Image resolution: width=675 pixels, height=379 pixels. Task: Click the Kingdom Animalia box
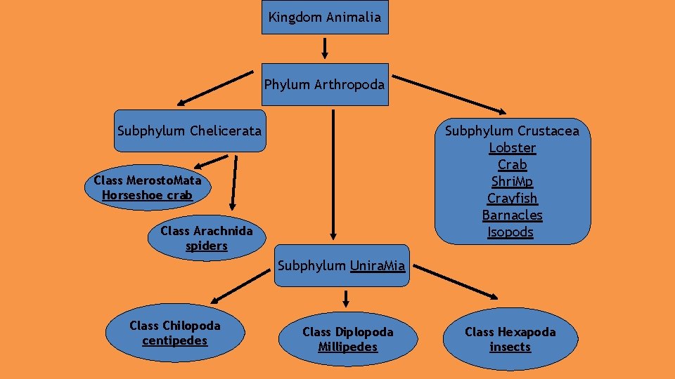pyautogui.click(x=325, y=17)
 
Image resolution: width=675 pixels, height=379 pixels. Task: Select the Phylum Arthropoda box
pyautogui.click(x=325, y=85)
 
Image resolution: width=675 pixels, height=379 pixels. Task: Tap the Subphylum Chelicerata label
pyautogui.click(x=189, y=131)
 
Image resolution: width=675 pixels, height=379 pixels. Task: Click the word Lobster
pyautogui.click(x=512, y=148)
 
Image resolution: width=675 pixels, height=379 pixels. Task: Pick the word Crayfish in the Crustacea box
pyautogui.click(x=512, y=199)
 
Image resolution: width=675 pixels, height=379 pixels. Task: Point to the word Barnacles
pyautogui.click(x=512, y=215)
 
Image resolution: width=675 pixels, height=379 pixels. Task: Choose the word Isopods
pyautogui.click(x=511, y=232)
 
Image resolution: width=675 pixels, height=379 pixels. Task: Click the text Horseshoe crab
pyautogui.click(x=147, y=195)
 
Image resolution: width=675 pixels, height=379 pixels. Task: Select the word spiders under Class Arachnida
pyautogui.click(x=206, y=246)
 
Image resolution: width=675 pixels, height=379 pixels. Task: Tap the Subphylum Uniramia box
pyautogui.click(x=341, y=266)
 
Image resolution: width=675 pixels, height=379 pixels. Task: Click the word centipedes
pyautogui.click(x=175, y=341)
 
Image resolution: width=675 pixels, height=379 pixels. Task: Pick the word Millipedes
pyautogui.click(x=347, y=347)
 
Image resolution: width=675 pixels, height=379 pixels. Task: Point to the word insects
pyautogui.click(x=510, y=347)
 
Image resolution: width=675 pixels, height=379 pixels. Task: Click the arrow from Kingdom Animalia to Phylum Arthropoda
pyautogui.click(x=325, y=48)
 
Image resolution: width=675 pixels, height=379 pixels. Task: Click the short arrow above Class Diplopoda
pyautogui.click(x=346, y=299)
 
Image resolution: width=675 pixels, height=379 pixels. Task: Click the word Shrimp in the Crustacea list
pyautogui.click(x=512, y=182)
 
